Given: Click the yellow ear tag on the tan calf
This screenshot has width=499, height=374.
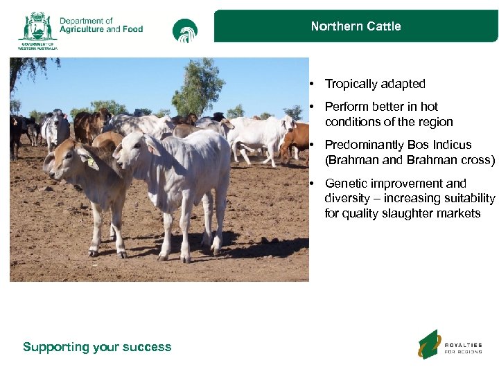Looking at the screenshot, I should [x=90, y=161].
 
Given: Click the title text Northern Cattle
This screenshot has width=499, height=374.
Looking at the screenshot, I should [x=356, y=26].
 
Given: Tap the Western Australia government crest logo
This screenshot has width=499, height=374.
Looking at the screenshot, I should [x=37, y=29].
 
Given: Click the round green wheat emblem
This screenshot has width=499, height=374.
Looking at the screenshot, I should [x=185, y=31].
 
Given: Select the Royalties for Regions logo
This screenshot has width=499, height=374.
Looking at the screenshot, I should [x=450, y=344].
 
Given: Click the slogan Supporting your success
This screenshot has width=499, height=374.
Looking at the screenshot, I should [x=97, y=347].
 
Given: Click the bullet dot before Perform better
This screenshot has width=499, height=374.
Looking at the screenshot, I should [x=313, y=107].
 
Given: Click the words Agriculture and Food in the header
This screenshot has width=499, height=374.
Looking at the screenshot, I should [x=101, y=29].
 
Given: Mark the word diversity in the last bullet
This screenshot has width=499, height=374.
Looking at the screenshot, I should [x=347, y=199].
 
